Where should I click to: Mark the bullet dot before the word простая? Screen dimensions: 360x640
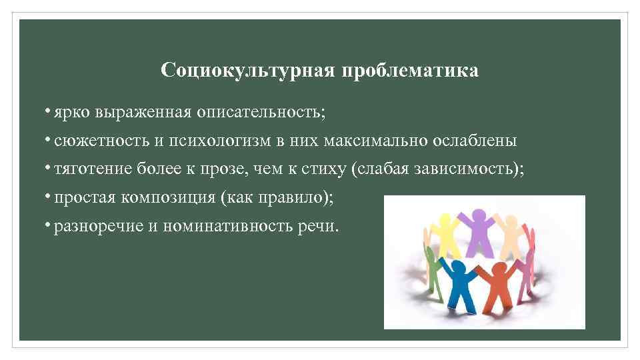point(49,197)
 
